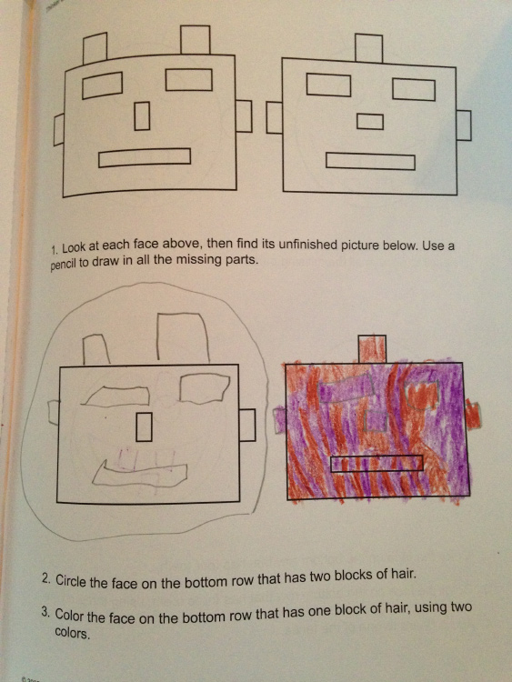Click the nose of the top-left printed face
[x=142, y=115]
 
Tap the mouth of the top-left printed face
[x=145, y=157]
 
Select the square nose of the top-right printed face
[x=370, y=121]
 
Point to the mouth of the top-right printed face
[x=370, y=161]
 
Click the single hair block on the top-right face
[x=369, y=47]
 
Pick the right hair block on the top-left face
[x=196, y=40]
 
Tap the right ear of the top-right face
[x=464, y=125]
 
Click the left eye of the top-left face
[x=102, y=85]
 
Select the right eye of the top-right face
[x=414, y=90]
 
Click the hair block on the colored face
[x=372, y=348]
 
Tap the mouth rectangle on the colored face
[x=376, y=463]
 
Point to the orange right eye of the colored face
[x=421, y=395]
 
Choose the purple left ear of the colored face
[x=279, y=420]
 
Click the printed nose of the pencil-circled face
[x=144, y=426]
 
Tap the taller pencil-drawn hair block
[x=183, y=336]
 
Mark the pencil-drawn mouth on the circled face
[x=140, y=474]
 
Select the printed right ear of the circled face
[x=247, y=425]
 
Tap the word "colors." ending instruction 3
[x=72, y=634]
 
